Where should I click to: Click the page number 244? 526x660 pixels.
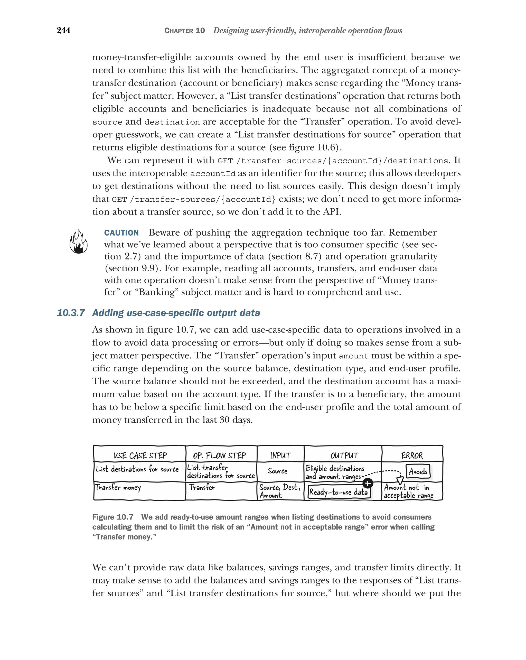click(64, 30)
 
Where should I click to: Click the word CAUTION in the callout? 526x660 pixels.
click(121, 233)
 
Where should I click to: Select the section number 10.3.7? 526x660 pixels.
click(71, 313)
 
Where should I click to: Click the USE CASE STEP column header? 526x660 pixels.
click(140, 456)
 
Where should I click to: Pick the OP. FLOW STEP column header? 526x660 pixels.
click(219, 456)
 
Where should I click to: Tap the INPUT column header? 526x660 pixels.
click(280, 456)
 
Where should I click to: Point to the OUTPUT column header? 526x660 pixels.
click(344, 456)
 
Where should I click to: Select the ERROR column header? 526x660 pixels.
click(412, 456)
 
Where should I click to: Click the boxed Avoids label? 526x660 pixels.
click(418, 471)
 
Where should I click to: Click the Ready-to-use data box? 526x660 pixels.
click(339, 492)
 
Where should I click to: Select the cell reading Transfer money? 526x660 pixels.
click(118, 487)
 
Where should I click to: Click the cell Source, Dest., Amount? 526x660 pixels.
click(279, 491)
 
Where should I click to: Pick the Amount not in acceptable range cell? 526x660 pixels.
click(409, 491)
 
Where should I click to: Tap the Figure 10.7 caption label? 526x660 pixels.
click(112, 517)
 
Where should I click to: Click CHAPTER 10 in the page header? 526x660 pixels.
click(184, 31)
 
